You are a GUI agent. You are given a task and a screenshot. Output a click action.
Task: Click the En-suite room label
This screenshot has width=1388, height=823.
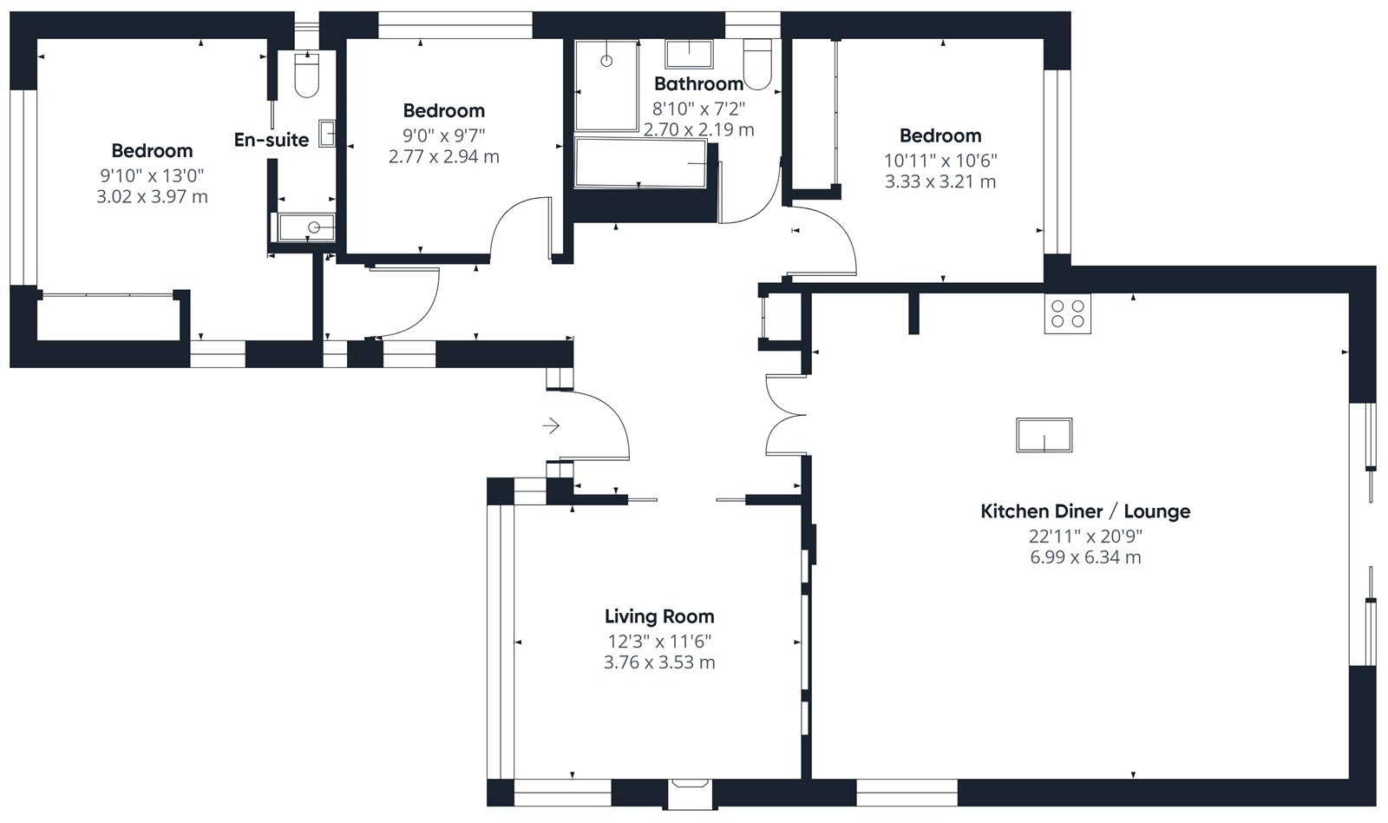(272, 140)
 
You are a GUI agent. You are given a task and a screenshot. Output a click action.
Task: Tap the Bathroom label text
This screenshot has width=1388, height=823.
(698, 83)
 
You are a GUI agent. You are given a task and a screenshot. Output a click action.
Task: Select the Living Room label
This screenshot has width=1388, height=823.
(659, 616)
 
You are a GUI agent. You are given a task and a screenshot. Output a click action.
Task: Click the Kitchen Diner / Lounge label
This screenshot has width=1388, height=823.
(1085, 511)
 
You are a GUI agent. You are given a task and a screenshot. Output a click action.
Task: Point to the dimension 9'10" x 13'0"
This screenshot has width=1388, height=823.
(152, 176)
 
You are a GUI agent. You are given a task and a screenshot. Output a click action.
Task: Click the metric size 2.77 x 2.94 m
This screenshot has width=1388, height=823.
(443, 157)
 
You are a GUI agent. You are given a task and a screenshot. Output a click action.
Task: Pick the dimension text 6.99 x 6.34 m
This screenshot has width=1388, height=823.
(1085, 557)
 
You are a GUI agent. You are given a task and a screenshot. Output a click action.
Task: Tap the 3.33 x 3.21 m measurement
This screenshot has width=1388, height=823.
(940, 182)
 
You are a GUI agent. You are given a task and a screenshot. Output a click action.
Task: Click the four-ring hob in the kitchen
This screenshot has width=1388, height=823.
(1068, 313)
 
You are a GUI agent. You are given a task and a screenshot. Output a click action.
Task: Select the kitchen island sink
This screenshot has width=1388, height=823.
(1044, 435)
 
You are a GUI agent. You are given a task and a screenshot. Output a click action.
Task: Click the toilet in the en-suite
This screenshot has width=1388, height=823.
(307, 75)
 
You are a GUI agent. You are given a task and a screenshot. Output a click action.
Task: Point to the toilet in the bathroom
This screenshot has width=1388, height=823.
(757, 64)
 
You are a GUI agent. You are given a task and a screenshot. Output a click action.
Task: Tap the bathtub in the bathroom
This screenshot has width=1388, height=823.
(640, 163)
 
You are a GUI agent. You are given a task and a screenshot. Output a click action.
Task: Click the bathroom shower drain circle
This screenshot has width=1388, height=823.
(606, 61)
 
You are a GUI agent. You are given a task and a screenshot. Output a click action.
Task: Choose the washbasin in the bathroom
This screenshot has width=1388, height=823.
(689, 54)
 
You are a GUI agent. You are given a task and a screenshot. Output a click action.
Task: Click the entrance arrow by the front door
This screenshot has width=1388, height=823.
(551, 425)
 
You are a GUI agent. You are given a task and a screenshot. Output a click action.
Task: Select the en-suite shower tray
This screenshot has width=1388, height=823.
(307, 227)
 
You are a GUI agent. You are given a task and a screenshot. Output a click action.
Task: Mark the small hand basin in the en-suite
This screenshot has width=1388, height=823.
(327, 133)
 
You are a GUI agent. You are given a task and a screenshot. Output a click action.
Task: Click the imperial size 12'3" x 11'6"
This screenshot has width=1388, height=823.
(659, 642)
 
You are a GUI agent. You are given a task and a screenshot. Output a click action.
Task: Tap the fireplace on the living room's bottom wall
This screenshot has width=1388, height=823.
(691, 793)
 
